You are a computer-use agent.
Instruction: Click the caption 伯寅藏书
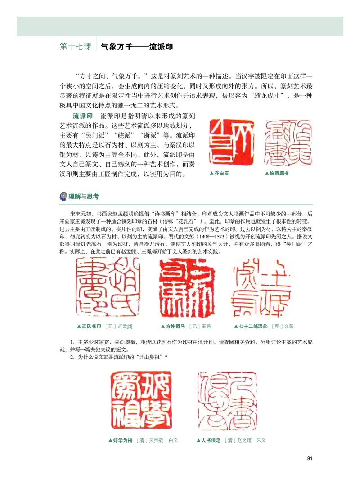[x=278, y=173]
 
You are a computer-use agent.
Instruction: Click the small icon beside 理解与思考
[x=63, y=196]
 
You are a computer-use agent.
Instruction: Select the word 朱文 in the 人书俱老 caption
[x=261, y=440]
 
